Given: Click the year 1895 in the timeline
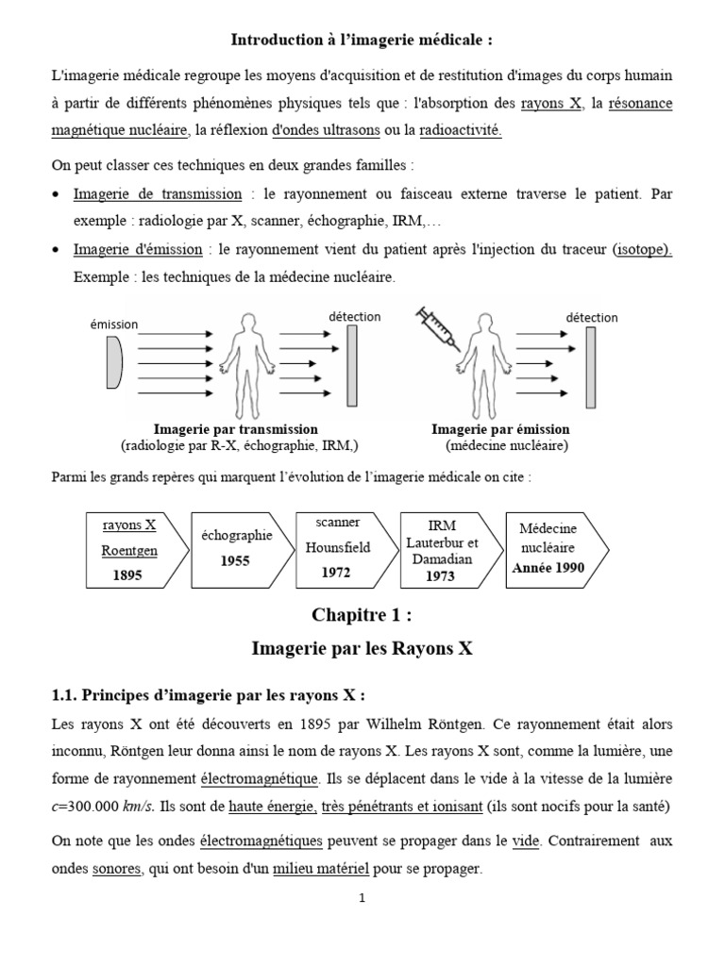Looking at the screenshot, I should tap(126, 575).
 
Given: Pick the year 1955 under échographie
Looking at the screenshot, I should tap(235, 560).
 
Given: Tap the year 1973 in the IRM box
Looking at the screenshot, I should tap(440, 576).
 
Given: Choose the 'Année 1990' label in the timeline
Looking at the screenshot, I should tap(548, 568).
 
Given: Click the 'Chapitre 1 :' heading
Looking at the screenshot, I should tap(362, 615).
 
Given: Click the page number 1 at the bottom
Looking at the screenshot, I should tap(362, 899).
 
